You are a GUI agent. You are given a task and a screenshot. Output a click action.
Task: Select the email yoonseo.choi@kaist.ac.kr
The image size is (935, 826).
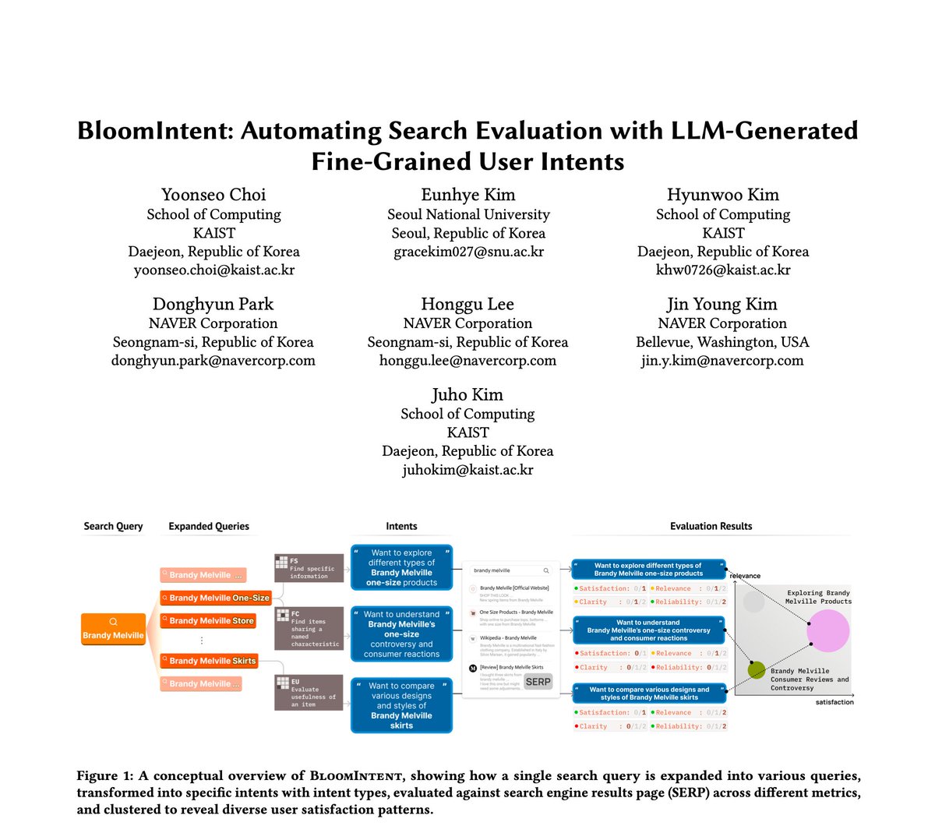pos(214,270)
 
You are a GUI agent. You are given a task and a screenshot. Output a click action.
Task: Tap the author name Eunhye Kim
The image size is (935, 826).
pos(468,195)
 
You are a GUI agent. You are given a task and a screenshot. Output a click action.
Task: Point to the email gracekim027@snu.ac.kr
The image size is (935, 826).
pos(468,252)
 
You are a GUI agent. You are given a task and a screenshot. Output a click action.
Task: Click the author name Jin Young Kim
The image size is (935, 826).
pos(722,304)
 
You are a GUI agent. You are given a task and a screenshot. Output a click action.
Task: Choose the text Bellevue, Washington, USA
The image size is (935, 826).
pos(722,342)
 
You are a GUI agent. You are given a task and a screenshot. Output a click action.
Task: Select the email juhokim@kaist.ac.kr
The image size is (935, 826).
pos(467,470)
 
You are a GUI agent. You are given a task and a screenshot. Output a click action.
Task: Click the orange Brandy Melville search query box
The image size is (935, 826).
pos(113,629)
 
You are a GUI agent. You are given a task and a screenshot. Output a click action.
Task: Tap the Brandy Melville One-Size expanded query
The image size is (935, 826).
pos(214,598)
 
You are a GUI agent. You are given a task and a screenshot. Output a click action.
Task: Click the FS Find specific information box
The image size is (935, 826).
pos(309,568)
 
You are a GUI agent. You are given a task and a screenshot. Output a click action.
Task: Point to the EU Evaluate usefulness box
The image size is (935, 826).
pos(309,692)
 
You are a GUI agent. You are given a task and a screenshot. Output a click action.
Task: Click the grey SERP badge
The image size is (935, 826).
pos(538,681)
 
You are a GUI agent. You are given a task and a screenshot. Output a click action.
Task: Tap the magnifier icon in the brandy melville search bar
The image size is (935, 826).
pos(546,570)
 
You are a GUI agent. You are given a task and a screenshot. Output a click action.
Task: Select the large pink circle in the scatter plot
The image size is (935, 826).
pos(827,631)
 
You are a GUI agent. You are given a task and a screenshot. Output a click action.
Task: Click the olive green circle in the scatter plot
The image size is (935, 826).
pos(756,669)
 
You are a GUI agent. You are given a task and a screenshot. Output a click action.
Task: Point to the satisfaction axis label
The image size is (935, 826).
pos(834,702)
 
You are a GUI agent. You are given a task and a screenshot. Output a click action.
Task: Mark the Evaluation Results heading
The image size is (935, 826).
pos(711,526)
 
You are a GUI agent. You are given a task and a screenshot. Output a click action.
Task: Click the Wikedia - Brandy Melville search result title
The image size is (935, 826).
pos(508,638)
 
